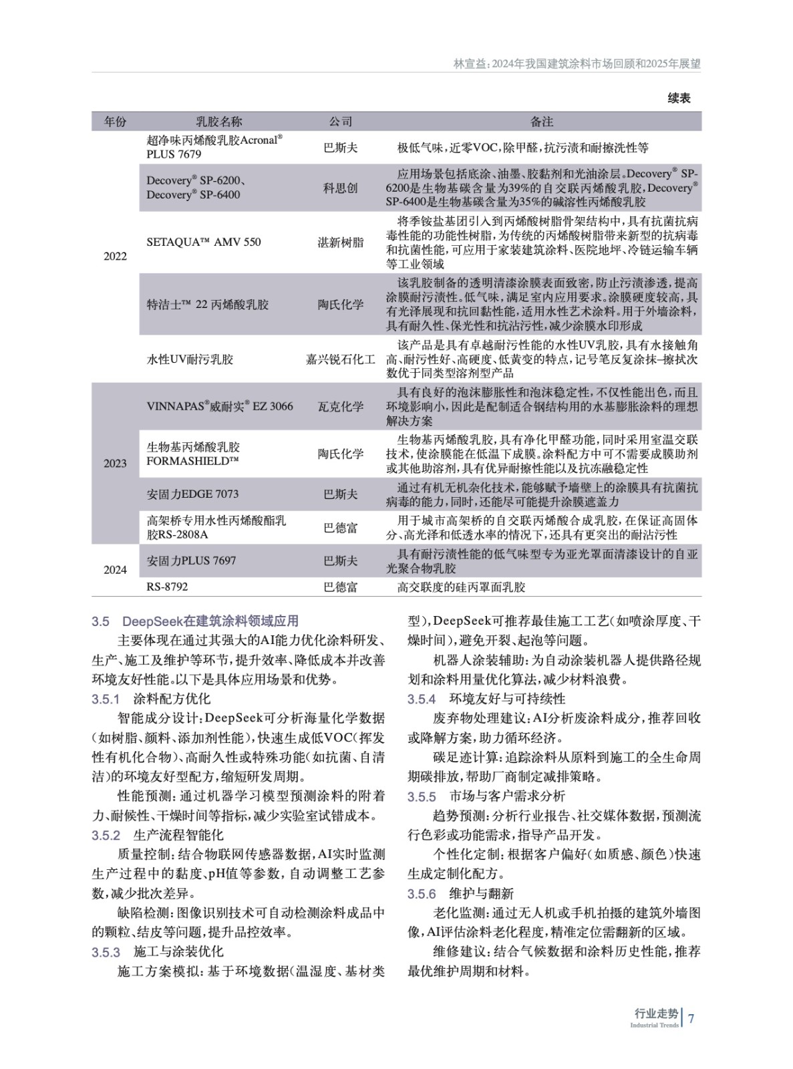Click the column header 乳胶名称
click(x=218, y=122)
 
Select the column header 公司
click(x=340, y=122)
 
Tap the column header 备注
click(x=542, y=122)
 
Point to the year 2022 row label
click(x=115, y=257)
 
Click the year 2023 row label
click(x=115, y=464)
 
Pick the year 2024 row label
click(x=115, y=570)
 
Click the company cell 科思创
click(x=340, y=188)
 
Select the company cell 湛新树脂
click(x=340, y=243)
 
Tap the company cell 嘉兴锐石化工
click(x=340, y=359)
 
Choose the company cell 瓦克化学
click(x=340, y=406)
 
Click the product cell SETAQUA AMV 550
click(x=204, y=243)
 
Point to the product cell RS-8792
click(x=167, y=587)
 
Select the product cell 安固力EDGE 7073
click(x=192, y=494)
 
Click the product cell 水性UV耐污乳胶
click(x=190, y=359)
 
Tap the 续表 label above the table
click(x=679, y=98)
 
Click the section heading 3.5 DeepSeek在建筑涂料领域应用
click(x=195, y=621)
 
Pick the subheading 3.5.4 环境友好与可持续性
click(x=486, y=699)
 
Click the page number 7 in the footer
click(x=691, y=1018)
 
